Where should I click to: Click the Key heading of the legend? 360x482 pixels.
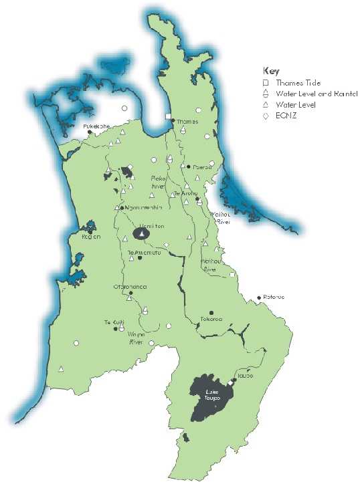[x=270, y=71]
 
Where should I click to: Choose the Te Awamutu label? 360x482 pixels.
[x=141, y=252]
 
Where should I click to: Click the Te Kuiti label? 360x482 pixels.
[x=113, y=322]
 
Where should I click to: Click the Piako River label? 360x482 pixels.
[x=156, y=183]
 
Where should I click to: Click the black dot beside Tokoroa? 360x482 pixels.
[x=211, y=312]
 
